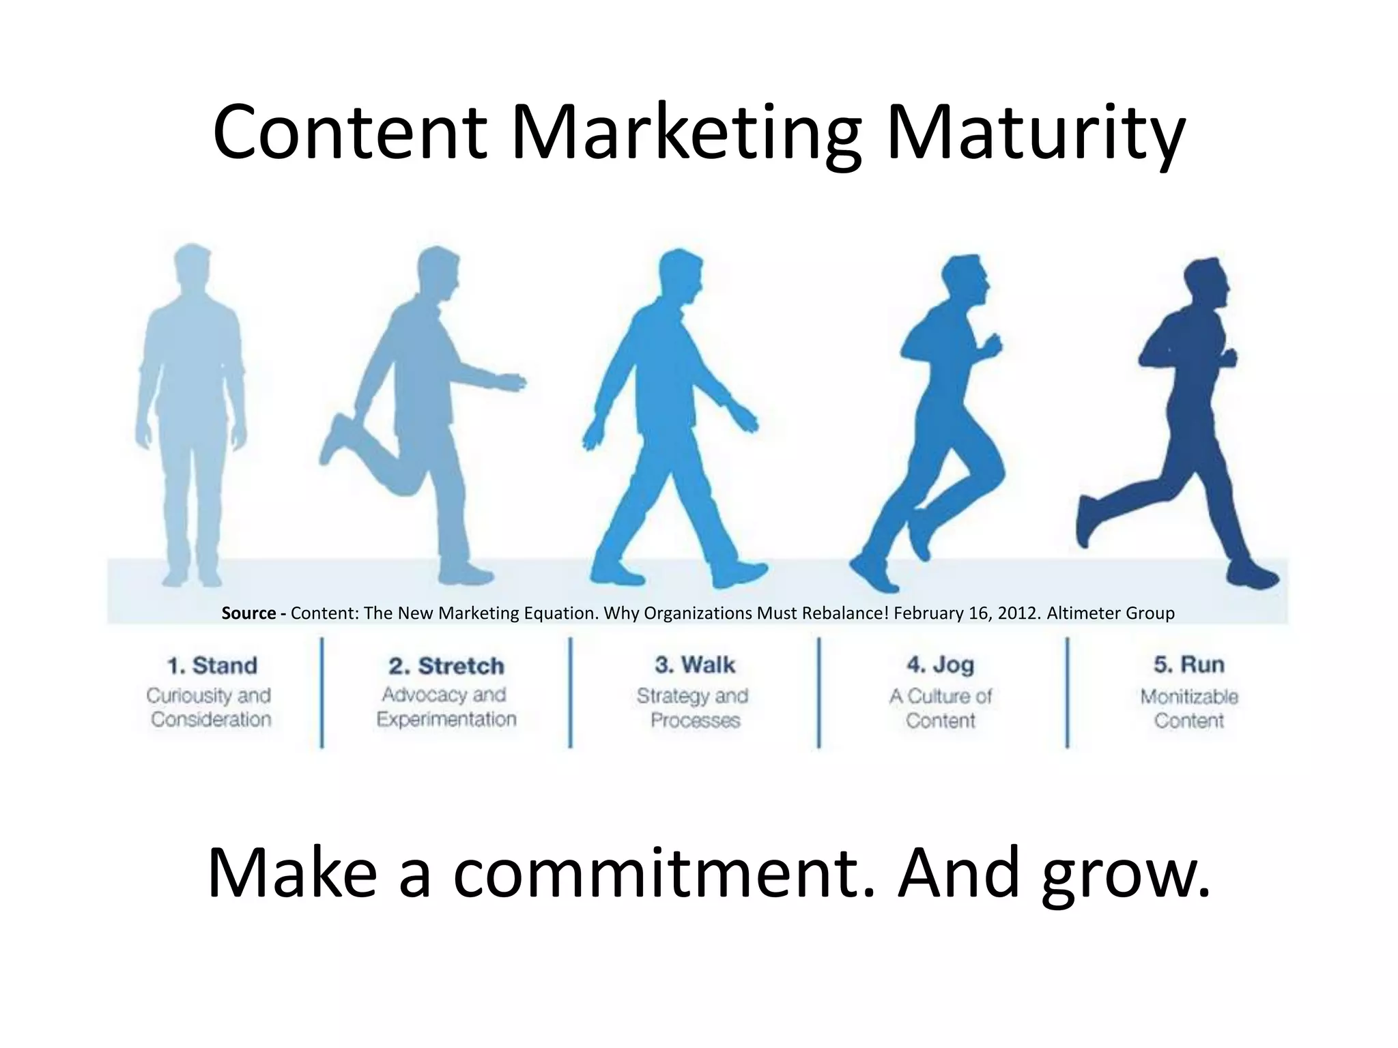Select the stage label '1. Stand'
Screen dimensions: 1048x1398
click(x=212, y=665)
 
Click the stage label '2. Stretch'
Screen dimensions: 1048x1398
click(x=446, y=666)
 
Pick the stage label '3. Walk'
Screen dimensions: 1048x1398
click(x=695, y=665)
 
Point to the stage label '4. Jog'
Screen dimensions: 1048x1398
click(x=940, y=665)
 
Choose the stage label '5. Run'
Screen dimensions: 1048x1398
click(x=1188, y=665)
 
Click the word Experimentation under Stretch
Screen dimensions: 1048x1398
click(x=446, y=719)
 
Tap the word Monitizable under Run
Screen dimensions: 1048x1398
click(x=1188, y=697)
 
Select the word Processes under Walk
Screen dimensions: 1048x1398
click(x=695, y=720)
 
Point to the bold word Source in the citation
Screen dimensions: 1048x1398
click(x=249, y=613)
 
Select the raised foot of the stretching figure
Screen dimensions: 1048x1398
click(x=337, y=437)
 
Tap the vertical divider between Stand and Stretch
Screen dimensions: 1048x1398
click(x=322, y=693)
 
